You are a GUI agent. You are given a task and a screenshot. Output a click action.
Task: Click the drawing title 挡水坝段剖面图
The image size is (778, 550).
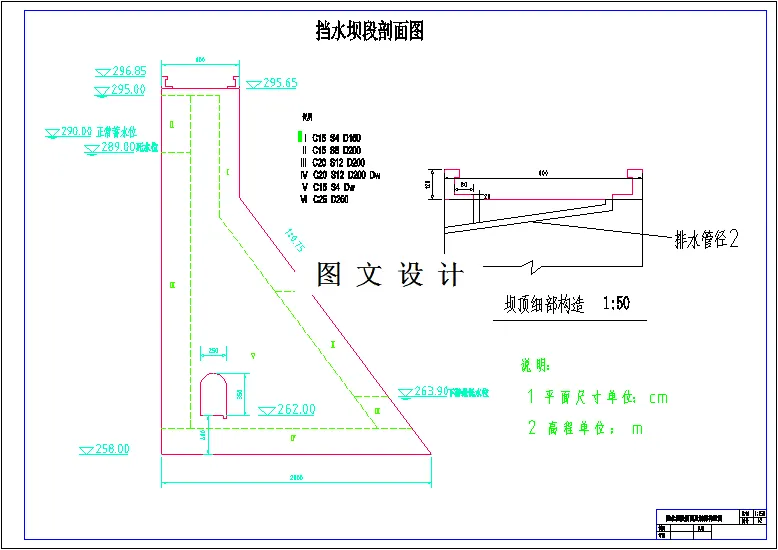[369, 31]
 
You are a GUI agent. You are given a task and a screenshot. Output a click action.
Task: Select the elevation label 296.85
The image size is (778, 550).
[129, 71]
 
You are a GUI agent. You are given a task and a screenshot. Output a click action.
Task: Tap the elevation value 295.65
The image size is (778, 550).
[280, 83]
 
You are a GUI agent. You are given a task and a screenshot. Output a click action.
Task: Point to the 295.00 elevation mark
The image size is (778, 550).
[128, 90]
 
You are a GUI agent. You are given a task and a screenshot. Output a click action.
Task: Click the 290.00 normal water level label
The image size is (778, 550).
[77, 131]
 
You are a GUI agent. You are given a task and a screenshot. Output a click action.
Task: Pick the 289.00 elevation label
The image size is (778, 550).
[117, 146]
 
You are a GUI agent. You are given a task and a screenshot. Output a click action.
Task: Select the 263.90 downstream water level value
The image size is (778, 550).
[430, 391]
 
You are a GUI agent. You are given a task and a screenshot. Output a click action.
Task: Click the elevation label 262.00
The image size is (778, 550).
[295, 409]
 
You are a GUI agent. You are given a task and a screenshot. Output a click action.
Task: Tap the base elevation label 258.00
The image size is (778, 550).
[112, 449]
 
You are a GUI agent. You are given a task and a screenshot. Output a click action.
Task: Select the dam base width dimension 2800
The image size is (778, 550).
[296, 478]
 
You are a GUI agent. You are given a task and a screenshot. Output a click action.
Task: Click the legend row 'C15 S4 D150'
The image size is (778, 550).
[339, 136]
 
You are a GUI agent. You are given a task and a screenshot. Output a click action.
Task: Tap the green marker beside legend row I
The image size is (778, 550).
[298, 136]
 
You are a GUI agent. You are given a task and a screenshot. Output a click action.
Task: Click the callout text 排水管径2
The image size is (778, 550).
[706, 238]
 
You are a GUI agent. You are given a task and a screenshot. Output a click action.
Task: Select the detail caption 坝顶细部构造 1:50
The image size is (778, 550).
[566, 304]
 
